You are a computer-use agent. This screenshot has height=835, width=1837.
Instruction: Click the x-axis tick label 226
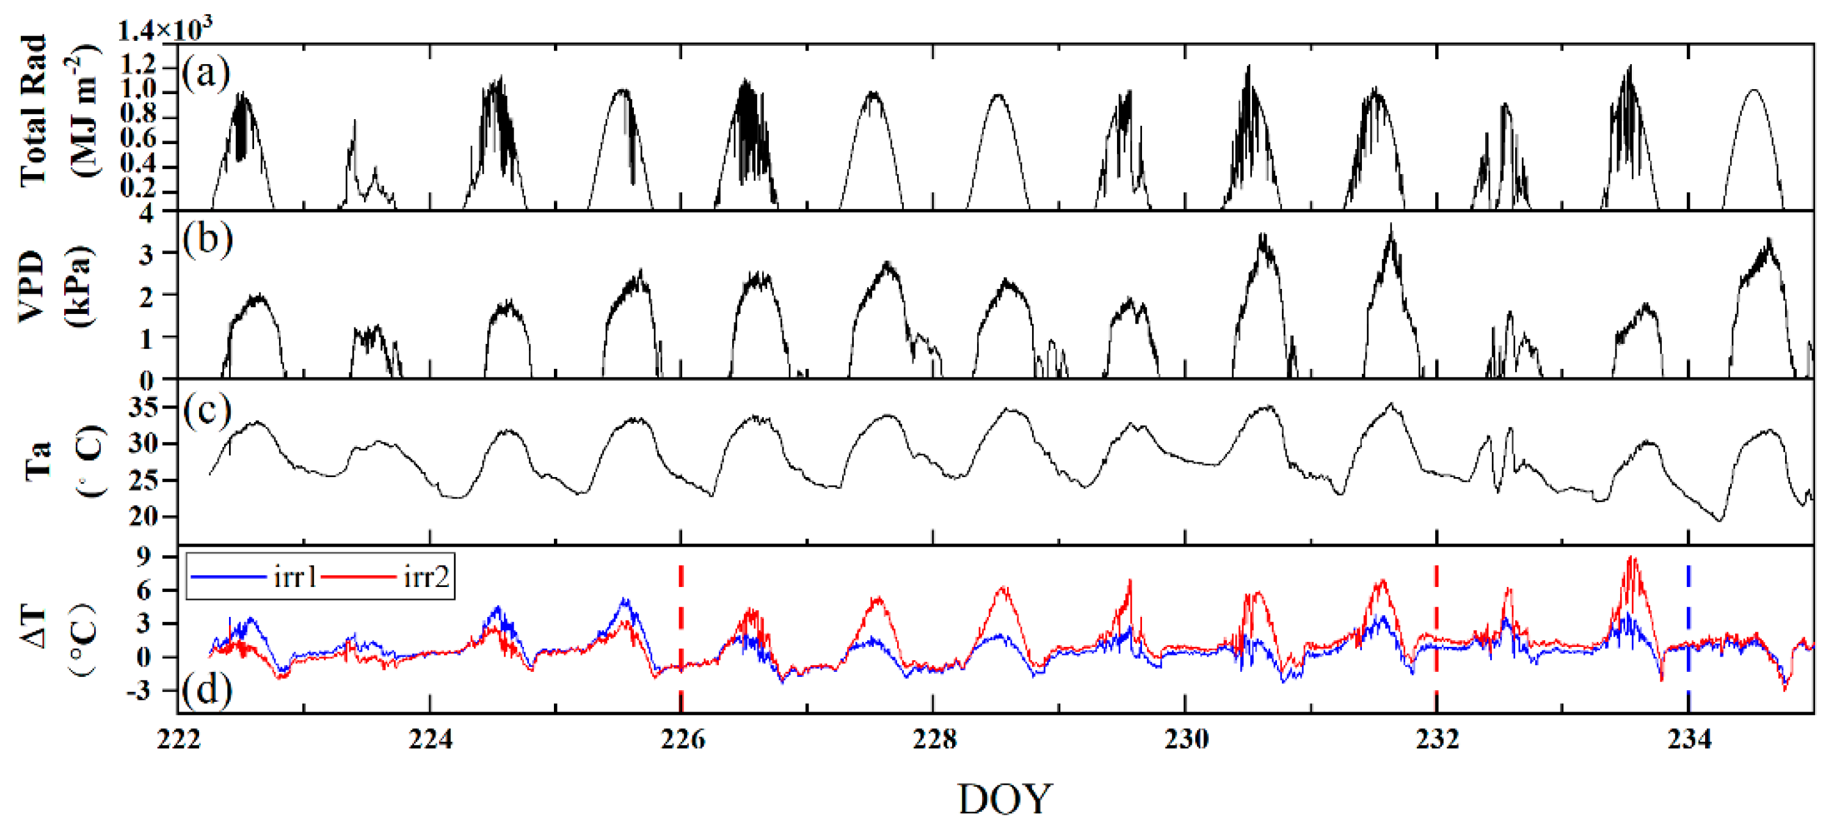[x=682, y=740]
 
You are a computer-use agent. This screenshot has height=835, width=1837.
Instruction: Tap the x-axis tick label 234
[x=1689, y=740]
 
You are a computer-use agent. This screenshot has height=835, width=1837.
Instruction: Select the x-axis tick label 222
[x=178, y=740]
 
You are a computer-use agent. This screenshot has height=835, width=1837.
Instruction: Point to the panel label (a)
[x=206, y=73]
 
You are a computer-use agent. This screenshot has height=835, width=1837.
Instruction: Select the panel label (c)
[x=208, y=410]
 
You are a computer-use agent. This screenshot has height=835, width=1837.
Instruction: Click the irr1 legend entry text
[x=295, y=576]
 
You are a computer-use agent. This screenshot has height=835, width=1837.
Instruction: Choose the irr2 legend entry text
[x=426, y=576]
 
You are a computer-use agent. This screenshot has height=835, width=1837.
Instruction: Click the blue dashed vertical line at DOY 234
[x=1688, y=627]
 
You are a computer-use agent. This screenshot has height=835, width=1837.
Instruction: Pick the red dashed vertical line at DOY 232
[x=1436, y=627]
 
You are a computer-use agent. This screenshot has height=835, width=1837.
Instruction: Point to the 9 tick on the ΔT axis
[x=145, y=556]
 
